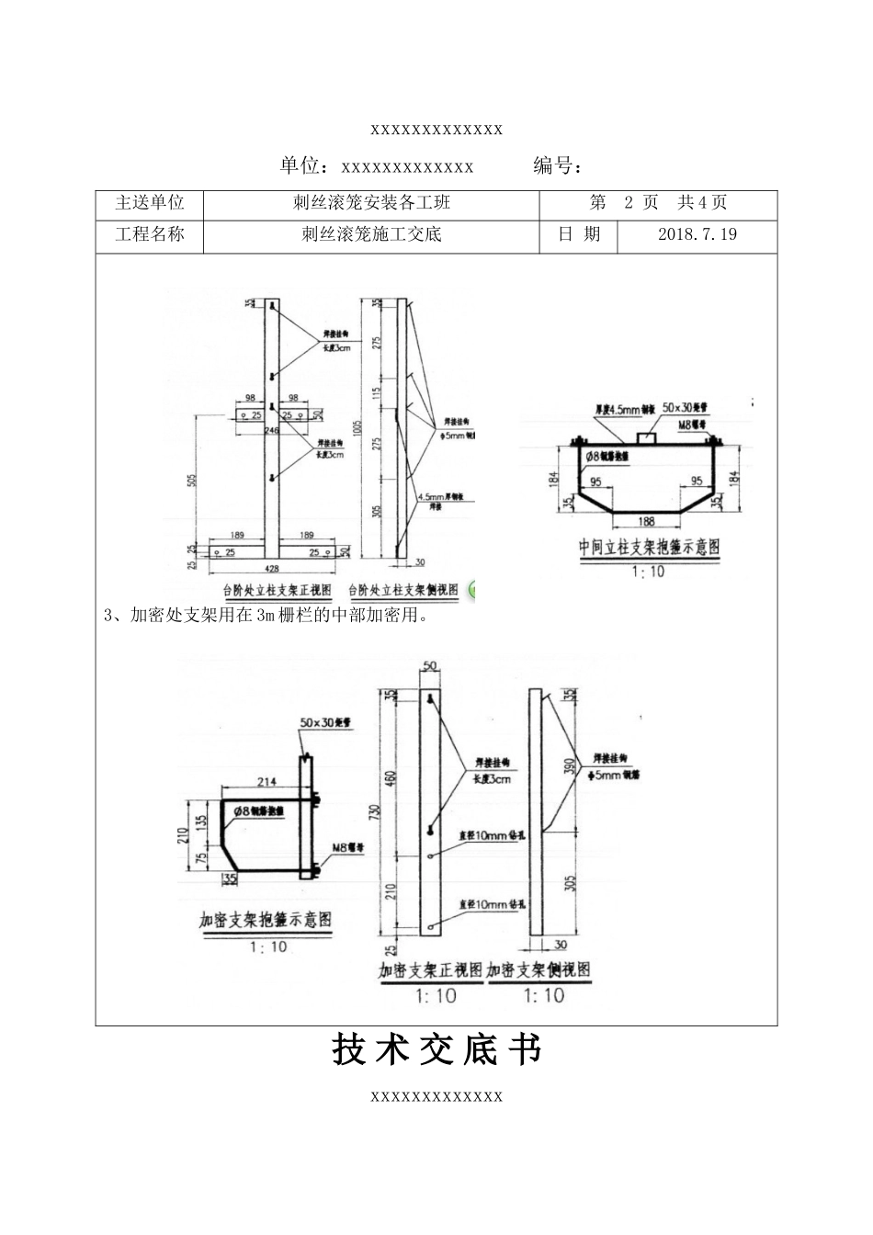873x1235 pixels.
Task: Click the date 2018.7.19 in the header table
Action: pyautogui.click(x=697, y=234)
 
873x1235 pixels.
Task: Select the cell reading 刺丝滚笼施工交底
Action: pyautogui.click(x=371, y=234)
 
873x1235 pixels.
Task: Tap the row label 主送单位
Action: pyautogui.click(x=149, y=203)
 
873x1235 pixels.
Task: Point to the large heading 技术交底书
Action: pyautogui.click(x=436, y=1049)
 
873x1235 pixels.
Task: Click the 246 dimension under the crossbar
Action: pyautogui.click(x=270, y=429)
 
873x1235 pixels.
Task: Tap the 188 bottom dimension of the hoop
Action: pyautogui.click(x=647, y=521)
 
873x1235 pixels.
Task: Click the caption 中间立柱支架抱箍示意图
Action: pyautogui.click(x=649, y=547)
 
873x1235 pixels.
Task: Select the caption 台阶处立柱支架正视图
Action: pyautogui.click(x=276, y=590)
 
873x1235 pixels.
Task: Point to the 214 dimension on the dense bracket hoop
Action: pyautogui.click(x=266, y=782)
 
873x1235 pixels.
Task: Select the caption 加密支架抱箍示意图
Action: pyautogui.click(x=266, y=919)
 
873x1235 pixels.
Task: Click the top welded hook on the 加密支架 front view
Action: pyautogui.click(x=429, y=699)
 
